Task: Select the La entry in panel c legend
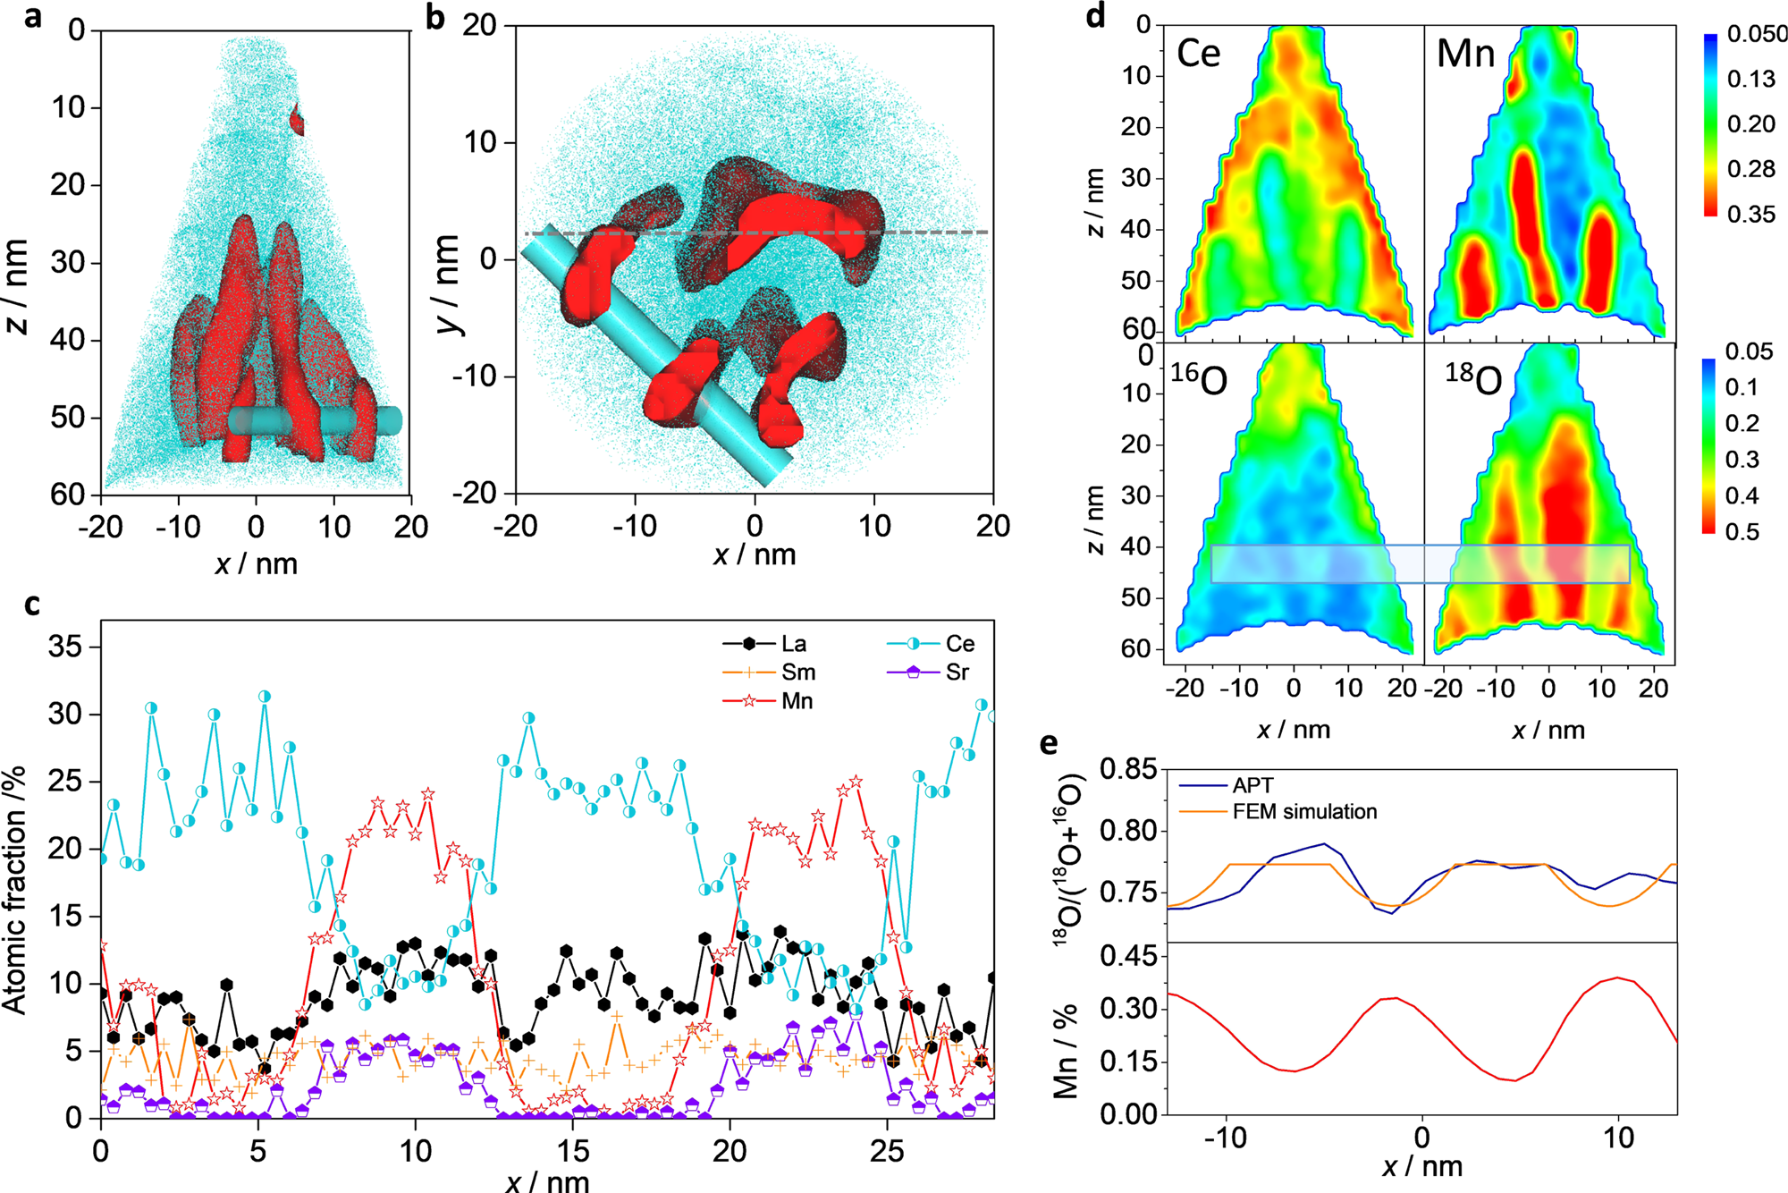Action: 793,644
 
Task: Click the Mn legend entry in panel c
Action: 797,701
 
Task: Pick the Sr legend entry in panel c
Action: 956,673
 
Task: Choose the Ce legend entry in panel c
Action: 959,644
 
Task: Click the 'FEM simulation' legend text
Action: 1304,812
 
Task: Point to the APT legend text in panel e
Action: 1252,786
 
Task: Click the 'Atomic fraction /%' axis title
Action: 15,890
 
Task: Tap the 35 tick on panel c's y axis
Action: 64,647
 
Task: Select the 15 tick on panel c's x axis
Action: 573,1151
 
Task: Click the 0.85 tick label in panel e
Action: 1127,769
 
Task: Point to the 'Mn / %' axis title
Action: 1065,1051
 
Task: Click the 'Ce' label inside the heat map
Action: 1198,54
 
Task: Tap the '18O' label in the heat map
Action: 1473,379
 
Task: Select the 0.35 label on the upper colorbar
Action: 1751,215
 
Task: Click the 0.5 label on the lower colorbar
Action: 1742,532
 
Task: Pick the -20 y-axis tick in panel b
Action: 478,494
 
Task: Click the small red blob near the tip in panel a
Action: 298,119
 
